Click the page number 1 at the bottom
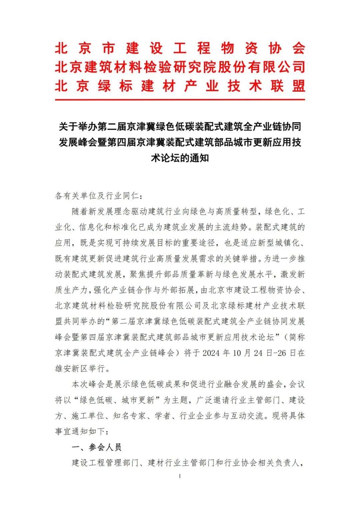[180, 476]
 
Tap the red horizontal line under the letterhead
[180, 99]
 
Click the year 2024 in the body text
[211, 353]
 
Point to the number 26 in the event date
[282, 353]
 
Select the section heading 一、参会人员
[97, 447]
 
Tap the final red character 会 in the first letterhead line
[298, 49]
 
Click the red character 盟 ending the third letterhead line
[298, 86]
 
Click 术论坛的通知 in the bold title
[180, 158]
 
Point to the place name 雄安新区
[71, 368]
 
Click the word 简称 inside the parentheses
[297, 337]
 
